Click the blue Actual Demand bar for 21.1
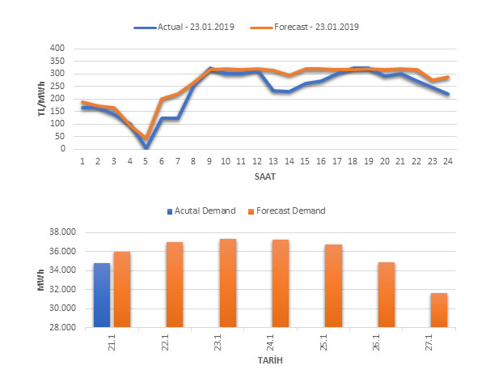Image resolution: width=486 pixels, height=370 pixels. point(102,295)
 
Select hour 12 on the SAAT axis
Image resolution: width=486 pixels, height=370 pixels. point(256,162)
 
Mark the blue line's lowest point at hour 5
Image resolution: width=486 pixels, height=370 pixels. point(146,147)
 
